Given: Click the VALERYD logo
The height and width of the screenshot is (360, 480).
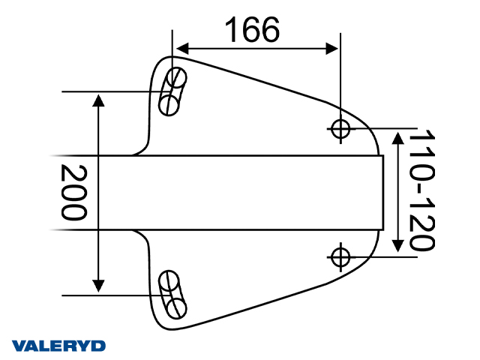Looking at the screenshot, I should tap(58, 346).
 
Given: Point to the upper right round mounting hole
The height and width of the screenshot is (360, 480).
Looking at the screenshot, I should tap(340, 129).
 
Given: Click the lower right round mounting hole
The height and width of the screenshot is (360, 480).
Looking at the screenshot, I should tap(340, 256).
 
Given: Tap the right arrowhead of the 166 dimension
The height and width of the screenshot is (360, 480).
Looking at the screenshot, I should tap(332, 49).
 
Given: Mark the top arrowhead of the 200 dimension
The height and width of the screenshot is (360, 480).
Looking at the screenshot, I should tap(98, 99).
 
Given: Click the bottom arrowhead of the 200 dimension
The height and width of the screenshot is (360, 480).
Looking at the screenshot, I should tap(98, 286).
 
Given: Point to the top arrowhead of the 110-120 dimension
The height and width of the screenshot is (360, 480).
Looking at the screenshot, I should tap(398, 136).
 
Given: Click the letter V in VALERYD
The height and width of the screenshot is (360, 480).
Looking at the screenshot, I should tap(18, 346).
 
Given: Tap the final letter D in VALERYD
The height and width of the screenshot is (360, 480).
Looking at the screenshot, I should tap(99, 346).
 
